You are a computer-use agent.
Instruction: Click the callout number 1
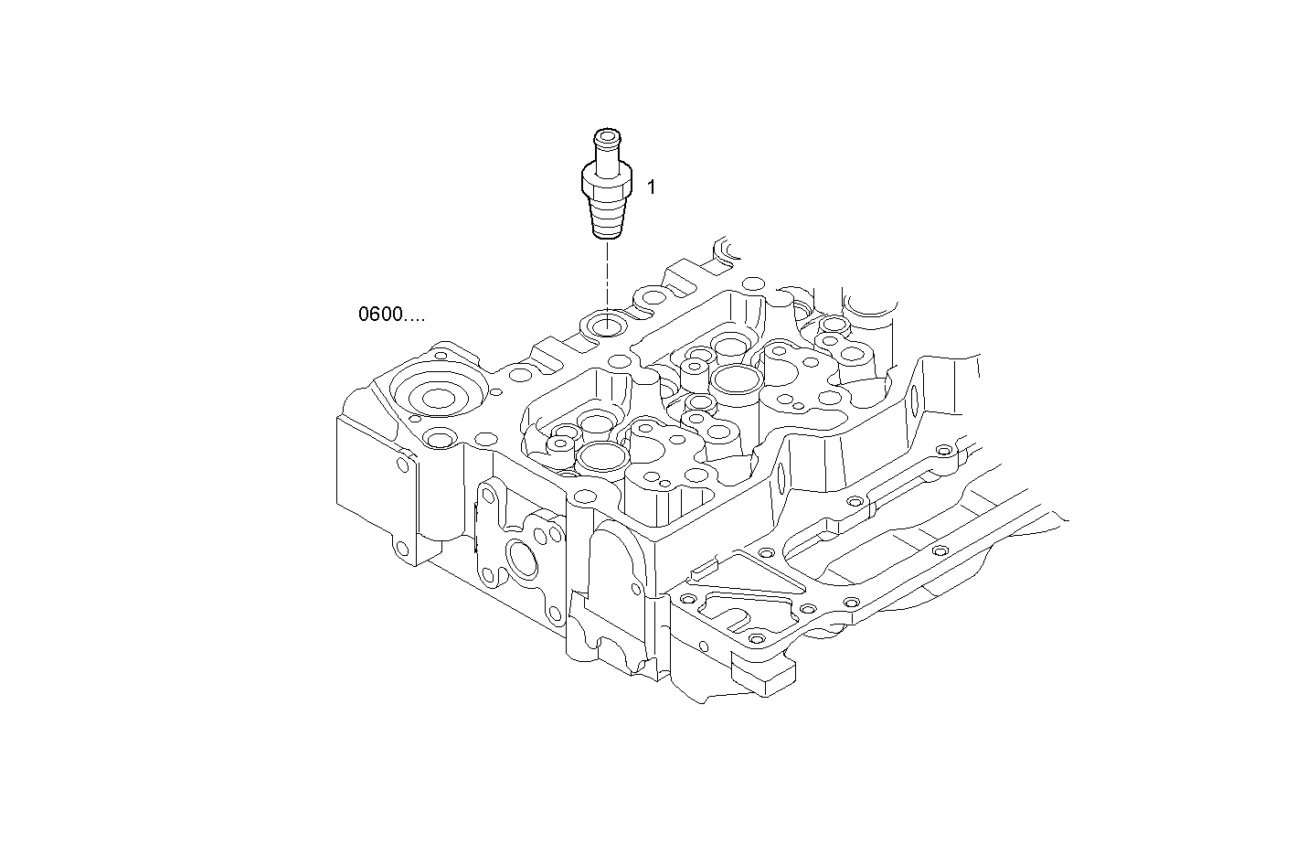tap(652, 187)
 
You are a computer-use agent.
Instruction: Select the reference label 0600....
tap(391, 315)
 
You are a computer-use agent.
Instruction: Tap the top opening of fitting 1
tap(606, 137)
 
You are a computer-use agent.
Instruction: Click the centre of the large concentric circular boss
tap(438, 398)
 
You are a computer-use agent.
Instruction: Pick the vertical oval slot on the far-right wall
tap(915, 400)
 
